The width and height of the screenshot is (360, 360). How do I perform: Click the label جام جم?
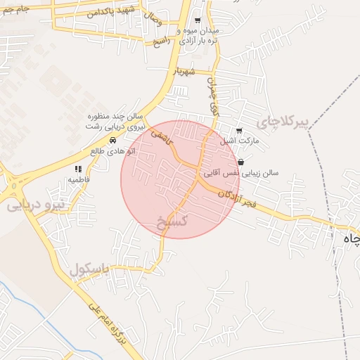pyautogui.click(x=15, y=8)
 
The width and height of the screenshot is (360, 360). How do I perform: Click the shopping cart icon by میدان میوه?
pyautogui.click(x=197, y=20)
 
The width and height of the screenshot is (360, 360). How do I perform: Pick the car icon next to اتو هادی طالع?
pyautogui.click(x=114, y=140)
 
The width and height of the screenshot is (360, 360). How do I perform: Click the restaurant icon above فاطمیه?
pyautogui.click(x=78, y=169)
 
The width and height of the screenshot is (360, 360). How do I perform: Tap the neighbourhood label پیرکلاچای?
pyautogui.click(x=283, y=122)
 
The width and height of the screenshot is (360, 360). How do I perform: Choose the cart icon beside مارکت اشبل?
pyautogui.click(x=239, y=130)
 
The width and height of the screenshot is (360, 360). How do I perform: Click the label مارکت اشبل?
pyautogui.click(x=240, y=141)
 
